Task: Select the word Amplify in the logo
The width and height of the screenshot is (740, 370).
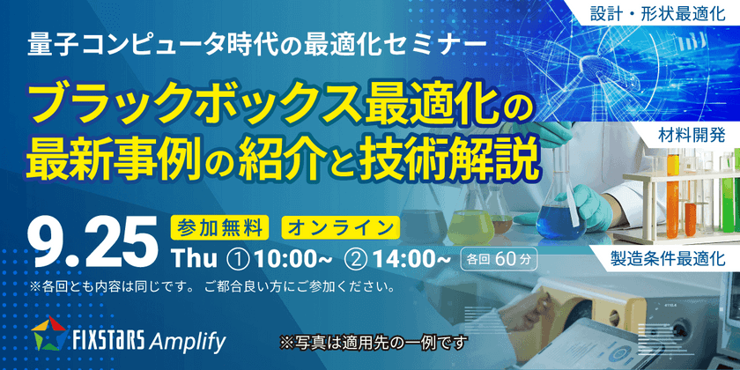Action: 188,338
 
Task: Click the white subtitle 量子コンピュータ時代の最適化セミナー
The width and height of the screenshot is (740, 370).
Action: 255,43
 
